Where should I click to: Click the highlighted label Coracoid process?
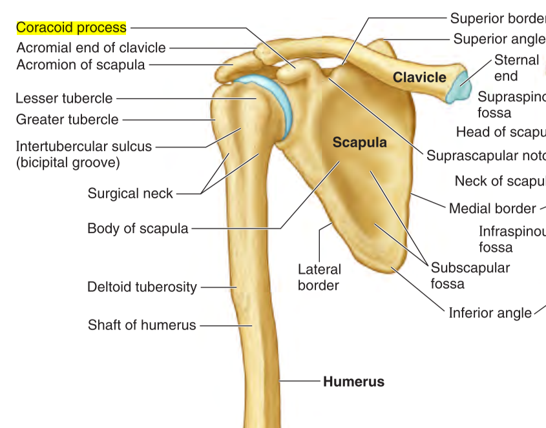pos(71,28)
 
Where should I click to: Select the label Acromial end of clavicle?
pos(91,48)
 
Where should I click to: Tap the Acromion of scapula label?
pos(81,65)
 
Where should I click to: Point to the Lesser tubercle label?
pos(64,99)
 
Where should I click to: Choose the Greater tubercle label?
pos(67,119)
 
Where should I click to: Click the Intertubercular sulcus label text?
pos(83,147)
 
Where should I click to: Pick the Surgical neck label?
pos(131,193)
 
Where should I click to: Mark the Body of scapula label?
pos(138,228)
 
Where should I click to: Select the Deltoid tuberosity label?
pos(142,287)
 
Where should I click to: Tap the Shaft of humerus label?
pos(142,325)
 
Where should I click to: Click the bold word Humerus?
pos(353,382)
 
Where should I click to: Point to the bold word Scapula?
pos(359,143)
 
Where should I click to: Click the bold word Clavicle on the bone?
pos(419,78)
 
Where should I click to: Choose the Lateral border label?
pos(319,277)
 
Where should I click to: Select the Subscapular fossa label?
pos(470,275)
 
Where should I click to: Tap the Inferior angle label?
pos(490,313)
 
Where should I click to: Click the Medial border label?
pos(492,208)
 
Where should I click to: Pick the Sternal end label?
pos(516,68)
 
